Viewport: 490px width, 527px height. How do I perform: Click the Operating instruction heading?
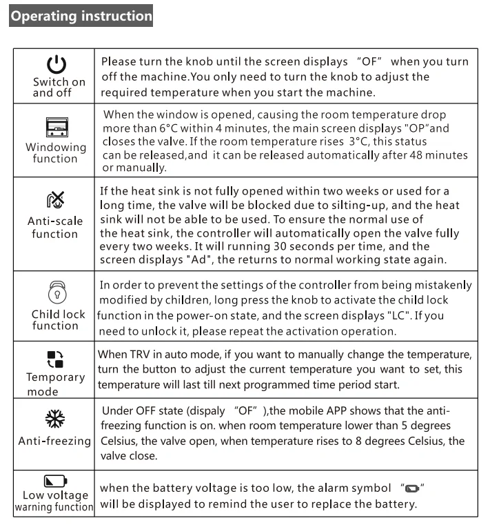point(81,15)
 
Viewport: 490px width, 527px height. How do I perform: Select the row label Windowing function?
point(56,152)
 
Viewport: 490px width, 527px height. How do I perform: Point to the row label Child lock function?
point(59,319)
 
